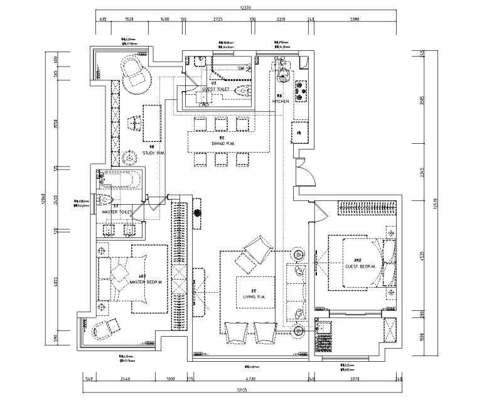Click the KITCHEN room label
(280, 100)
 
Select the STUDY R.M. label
(153, 153)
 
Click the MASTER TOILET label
(117, 212)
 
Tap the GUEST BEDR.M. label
(360, 266)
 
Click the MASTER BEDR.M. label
(146, 282)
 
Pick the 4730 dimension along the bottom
(250, 379)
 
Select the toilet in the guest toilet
(240, 92)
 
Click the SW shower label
(240, 67)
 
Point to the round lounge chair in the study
(137, 73)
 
